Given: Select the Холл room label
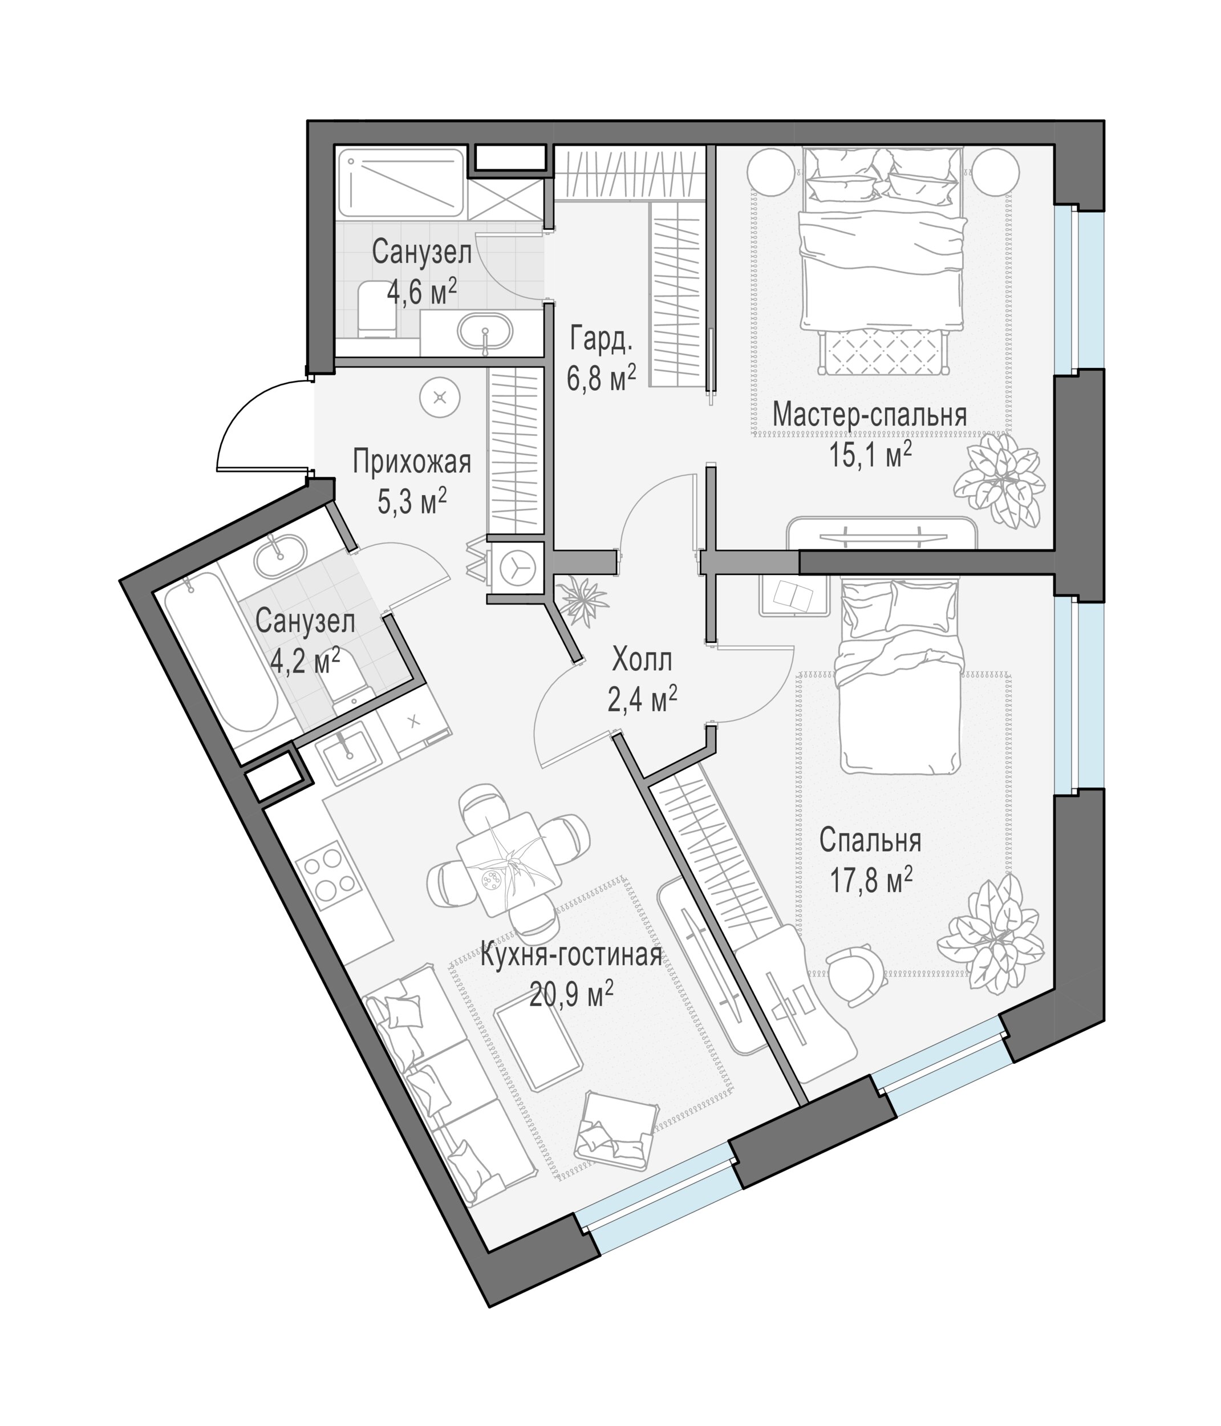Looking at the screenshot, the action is click(x=642, y=661).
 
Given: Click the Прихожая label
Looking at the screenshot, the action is click(x=412, y=462).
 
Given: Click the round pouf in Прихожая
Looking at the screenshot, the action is click(x=440, y=398).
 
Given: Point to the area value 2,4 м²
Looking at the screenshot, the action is click(x=642, y=700).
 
